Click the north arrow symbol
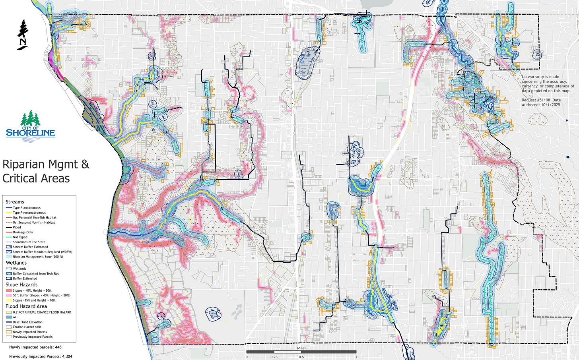coord(23,35)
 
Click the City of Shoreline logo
coord(30,124)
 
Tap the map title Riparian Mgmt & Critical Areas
coord(46,171)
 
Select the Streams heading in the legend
coord(15,202)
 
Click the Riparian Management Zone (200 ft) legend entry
coord(38,257)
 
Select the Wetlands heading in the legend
coord(16,263)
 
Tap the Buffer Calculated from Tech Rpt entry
coord(36,274)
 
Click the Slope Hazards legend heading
coord(21,285)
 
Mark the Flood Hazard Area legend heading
coord(26,306)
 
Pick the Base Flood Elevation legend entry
coord(27,322)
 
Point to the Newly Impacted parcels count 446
coord(58,347)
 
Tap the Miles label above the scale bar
coord(301,348)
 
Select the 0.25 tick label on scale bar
coord(274,357)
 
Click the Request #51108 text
coord(535,100)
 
